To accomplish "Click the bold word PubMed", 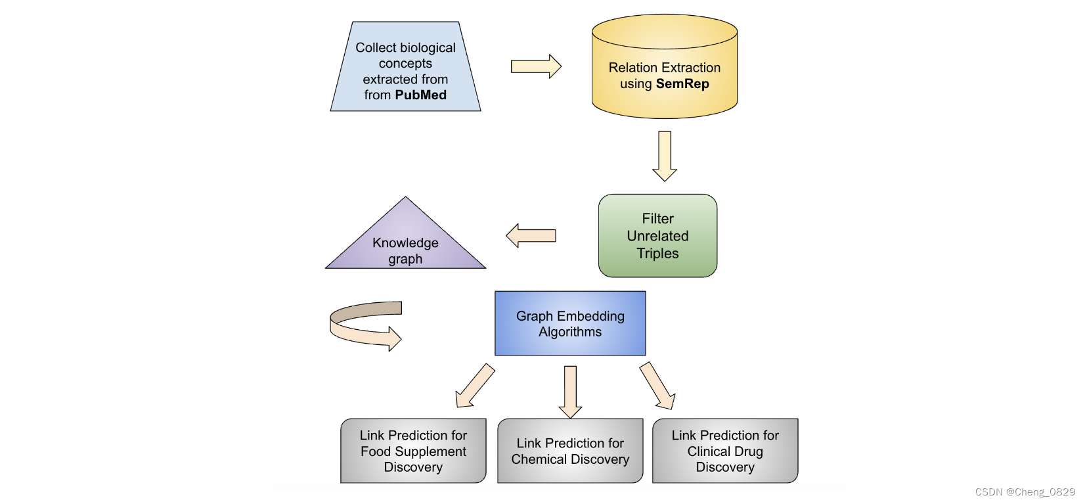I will [x=420, y=95].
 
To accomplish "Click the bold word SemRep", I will [x=682, y=84].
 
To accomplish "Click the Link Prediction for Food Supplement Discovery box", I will [x=413, y=451].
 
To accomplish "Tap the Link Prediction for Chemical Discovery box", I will [x=569, y=451].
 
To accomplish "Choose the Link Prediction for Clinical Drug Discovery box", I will [x=724, y=451].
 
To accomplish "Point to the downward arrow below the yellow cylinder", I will [x=665, y=155].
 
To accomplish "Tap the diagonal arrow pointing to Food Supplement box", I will [x=474, y=386].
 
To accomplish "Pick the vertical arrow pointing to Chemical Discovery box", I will [x=570, y=392].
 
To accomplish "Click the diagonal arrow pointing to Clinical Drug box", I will [x=657, y=386].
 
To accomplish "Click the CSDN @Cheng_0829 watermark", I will [x=1025, y=492].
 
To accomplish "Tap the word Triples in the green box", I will [x=657, y=254].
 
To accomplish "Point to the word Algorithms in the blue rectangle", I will [x=569, y=332].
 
